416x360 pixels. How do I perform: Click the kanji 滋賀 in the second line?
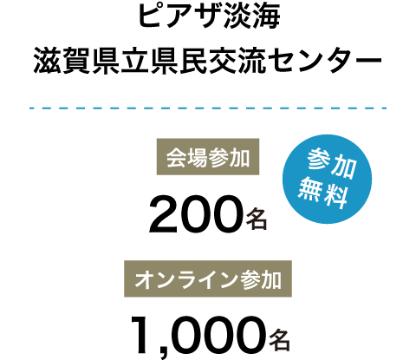(62, 62)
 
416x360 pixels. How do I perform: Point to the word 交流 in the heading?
(237, 62)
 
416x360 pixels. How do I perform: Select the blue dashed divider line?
(208, 108)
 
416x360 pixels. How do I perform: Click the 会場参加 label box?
(208, 157)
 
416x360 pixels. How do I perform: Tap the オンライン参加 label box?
(208, 278)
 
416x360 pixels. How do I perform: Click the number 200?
(195, 214)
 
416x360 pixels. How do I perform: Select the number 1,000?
(198, 336)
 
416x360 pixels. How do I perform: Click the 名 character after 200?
(257, 220)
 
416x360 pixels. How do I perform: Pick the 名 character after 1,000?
(280, 340)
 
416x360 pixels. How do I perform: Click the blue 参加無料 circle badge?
(327, 179)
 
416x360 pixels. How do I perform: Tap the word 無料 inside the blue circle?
(322, 192)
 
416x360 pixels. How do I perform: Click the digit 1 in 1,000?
(141, 335)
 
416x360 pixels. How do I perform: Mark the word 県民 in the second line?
(179, 62)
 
